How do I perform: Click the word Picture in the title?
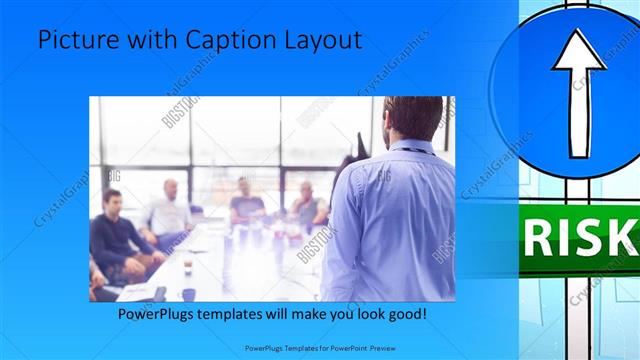tap(75, 40)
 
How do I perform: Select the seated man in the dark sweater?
tap(113, 235)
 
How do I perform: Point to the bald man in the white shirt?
tap(170, 210)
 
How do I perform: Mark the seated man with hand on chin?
tap(306, 205)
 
